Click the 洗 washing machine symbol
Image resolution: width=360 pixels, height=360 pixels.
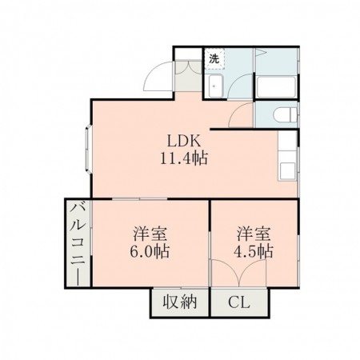pyautogui.click(x=214, y=58)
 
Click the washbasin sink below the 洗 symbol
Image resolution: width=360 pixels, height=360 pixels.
pyautogui.click(x=214, y=88)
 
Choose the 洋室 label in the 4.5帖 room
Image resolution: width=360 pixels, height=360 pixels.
pyautogui.click(x=254, y=234)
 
